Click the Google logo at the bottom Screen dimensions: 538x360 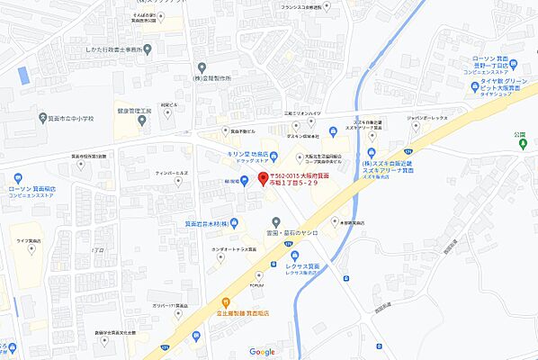[262, 351]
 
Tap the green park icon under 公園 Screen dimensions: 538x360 [518, 147]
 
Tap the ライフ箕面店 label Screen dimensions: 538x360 [27, 241]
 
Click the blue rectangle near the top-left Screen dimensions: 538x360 [23, 76]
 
